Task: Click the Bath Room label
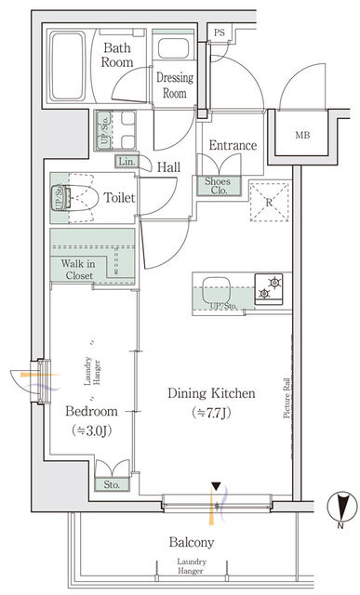coord(117,55)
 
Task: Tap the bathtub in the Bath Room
coord(68,66)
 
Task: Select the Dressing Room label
coord(175,85)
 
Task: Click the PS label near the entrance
coord(220,33)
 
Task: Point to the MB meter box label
coord(302,135)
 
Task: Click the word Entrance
coord(233,145)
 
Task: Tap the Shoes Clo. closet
coord(219,186)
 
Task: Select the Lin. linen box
coord(127,162)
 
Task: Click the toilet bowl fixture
coord(76,197)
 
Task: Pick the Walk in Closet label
coord(78,270)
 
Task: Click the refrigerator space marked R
coord(269,202)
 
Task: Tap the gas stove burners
coord(269,289)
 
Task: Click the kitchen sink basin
coord(216,290)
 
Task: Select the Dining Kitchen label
coord(211,393)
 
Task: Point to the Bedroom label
coord(91,411)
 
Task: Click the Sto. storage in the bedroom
coord(112,484)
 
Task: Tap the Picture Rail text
coord(287,399)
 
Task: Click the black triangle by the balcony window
coord(216,486)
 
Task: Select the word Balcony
coord(192,543)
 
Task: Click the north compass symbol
coord(342,506)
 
